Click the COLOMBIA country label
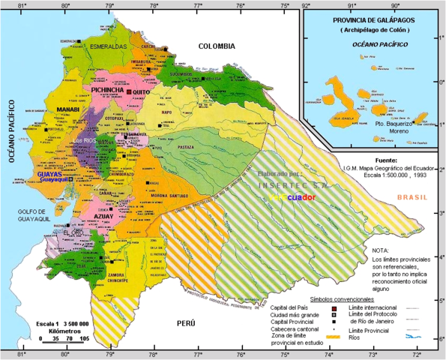(x=217, y=46)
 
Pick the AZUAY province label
(x=103, y=215)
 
